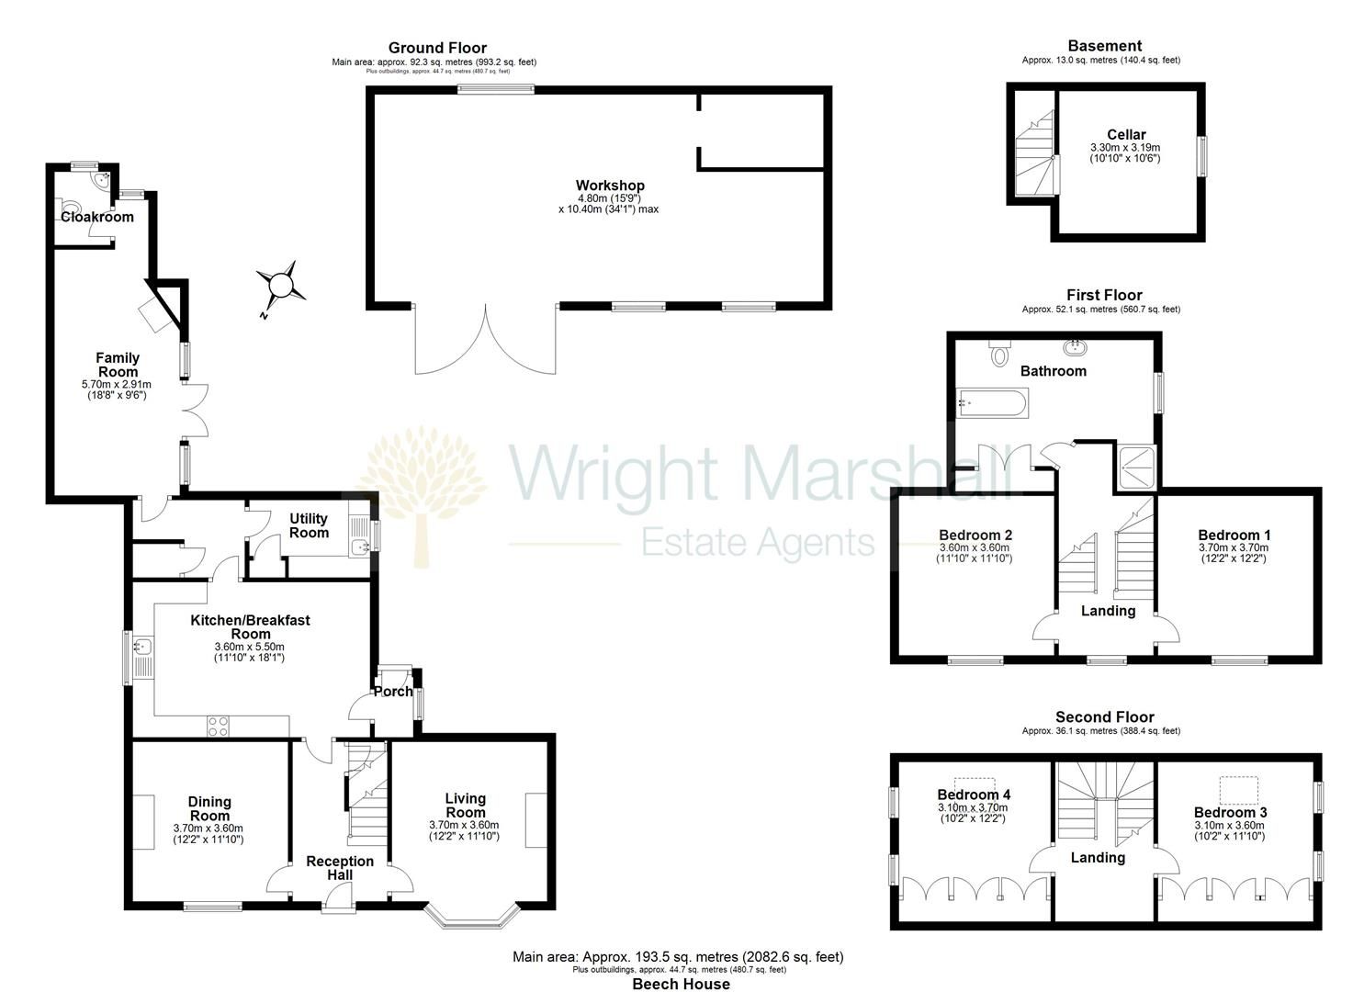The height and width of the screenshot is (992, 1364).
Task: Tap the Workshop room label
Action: point(610,186)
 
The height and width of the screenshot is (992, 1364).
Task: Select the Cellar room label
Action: point(1125,134)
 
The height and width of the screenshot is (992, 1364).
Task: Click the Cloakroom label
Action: point(97,217)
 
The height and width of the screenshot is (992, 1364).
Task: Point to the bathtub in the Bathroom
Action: point(993,402)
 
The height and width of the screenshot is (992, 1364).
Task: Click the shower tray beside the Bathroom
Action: point(1137,466)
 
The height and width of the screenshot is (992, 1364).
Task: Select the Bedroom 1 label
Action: point(1234,535)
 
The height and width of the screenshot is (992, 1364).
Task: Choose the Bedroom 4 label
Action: point(974,795)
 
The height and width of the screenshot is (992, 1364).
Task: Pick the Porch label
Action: point(393,692)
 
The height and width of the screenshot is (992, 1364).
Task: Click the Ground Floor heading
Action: point(437,48)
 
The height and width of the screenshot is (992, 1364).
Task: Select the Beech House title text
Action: point(681,984)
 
